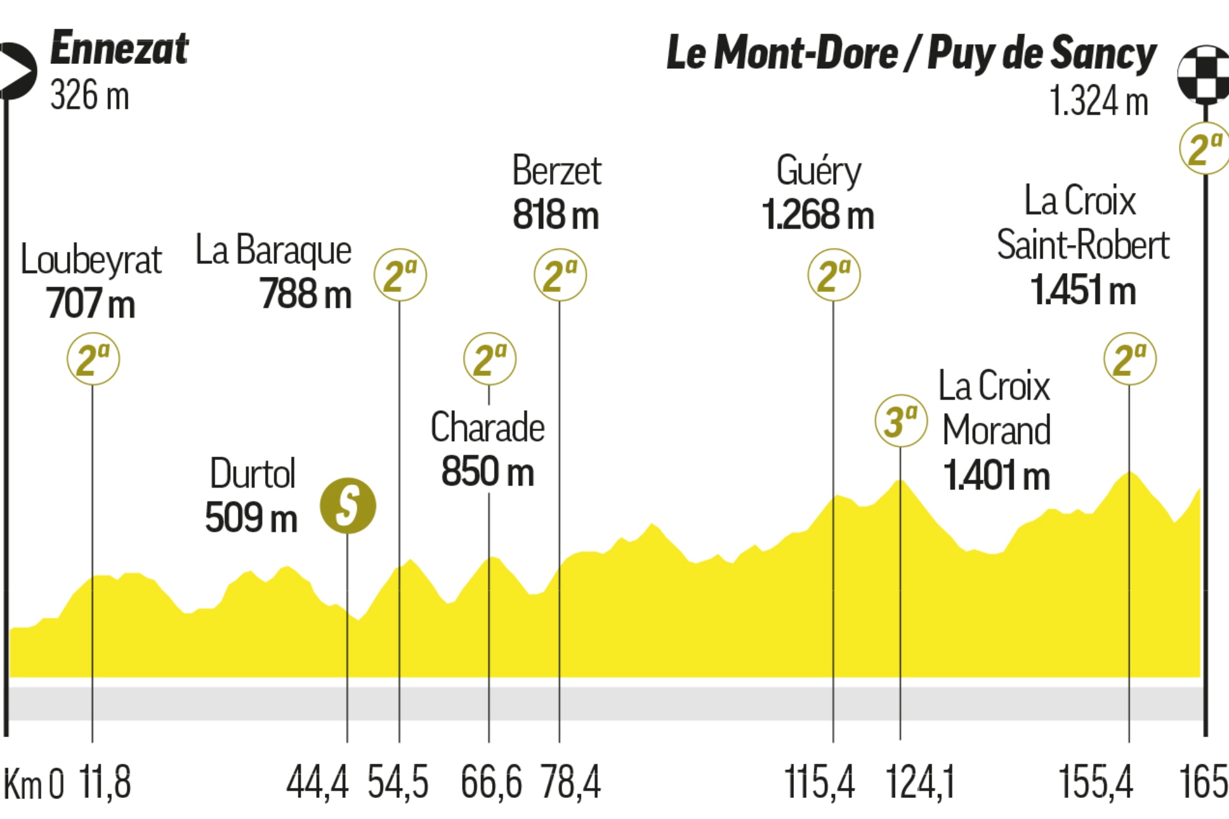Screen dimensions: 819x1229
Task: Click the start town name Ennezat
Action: (119, 49)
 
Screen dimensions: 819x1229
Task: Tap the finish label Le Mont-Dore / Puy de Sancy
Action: (911, 53)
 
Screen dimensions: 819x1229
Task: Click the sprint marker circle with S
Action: (348, 505)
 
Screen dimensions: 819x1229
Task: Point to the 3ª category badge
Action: (901, 421)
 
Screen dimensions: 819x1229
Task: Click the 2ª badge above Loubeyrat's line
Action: (93, 359)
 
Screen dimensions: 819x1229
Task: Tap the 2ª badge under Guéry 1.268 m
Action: (834, 275)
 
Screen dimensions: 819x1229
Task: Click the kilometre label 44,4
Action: (317, 782)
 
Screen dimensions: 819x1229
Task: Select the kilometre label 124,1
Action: (920, 782)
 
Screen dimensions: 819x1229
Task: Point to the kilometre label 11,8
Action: (105, 782)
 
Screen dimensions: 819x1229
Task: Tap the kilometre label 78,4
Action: (570, 782)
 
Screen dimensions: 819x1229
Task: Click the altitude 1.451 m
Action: (1083, 290)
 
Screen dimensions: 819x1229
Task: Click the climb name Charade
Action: (488, 427)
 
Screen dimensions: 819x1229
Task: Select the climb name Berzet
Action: (557, 171)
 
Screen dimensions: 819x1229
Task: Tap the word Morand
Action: (996, 430)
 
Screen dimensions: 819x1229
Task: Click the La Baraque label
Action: (273, 250)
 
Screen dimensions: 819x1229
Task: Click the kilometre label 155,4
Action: (1096, 782)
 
